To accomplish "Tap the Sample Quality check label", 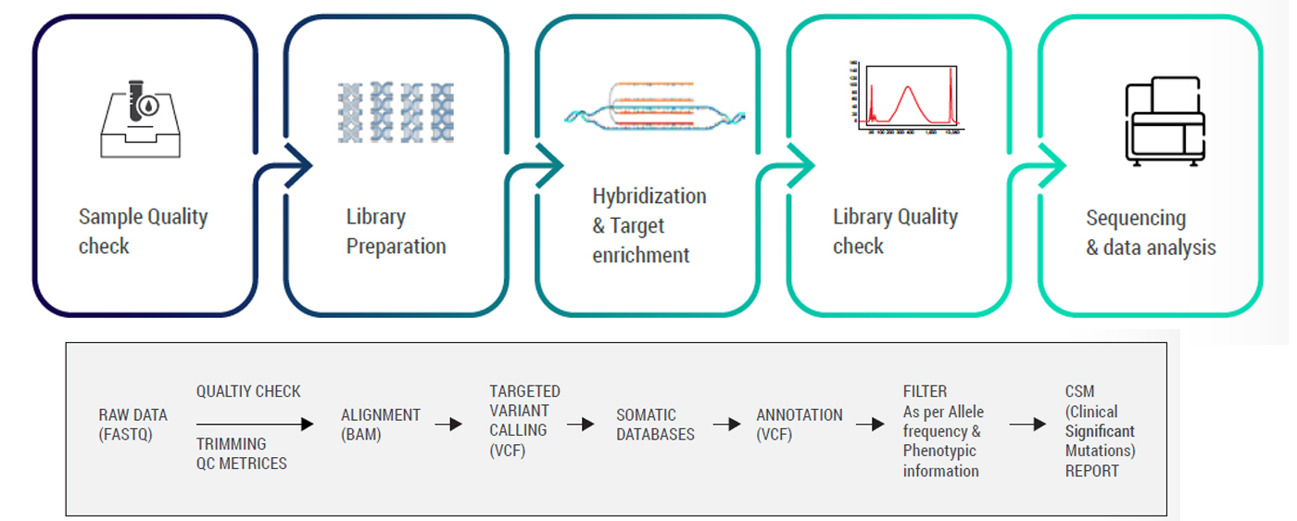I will point(143,232).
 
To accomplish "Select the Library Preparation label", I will point(396,232).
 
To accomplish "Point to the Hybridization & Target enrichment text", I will point(648,225).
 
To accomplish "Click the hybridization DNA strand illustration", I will point(654,105).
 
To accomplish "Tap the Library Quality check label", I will point(895,232).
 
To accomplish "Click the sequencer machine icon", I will point(1164,121).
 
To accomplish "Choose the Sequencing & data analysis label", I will point(1151,233).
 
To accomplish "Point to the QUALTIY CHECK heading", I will point(248,391).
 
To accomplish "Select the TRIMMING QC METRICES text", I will point(241,453).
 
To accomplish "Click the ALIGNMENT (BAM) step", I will point(380,425).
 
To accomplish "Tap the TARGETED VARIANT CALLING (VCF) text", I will point(524,420).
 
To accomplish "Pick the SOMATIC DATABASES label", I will point(655,425).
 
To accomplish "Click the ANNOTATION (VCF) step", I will point(799,425).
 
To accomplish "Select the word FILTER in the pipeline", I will point(925,391).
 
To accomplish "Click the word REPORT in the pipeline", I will point(1091,471).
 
